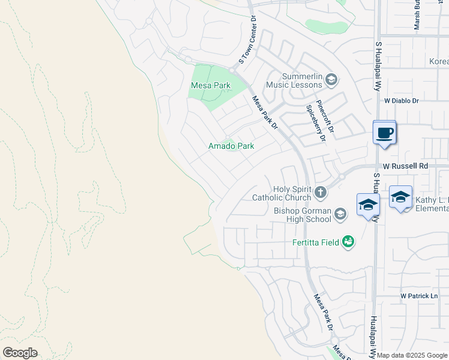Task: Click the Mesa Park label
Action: pos(210,86)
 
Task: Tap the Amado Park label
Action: pos(231,146)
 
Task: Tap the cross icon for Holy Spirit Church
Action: pos(321,193)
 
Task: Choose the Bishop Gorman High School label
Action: pos(302,215)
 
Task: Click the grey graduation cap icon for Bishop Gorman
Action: pos(340,214)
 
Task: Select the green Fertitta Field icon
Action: pos(348,242)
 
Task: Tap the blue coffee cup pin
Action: pos(384,133)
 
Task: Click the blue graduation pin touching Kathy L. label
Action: pos(400,197)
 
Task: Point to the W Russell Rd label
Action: pos(405,166)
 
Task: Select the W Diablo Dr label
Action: pos(401,101)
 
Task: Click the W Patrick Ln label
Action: pos(420,296)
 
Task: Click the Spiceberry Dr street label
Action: pos(315,123)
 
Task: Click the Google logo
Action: pos(20,353)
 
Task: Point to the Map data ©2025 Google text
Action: pos(412,355)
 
